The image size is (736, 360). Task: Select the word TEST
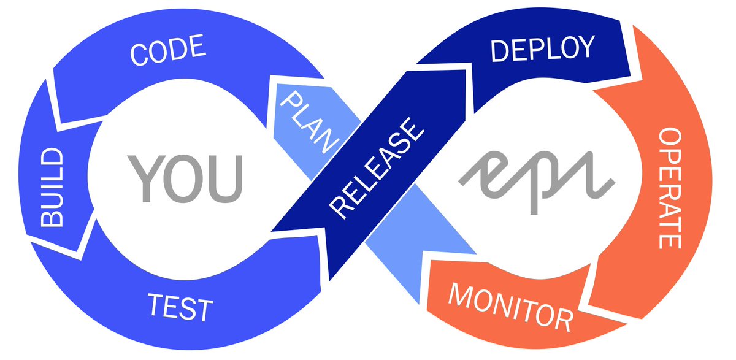tap(180, 307)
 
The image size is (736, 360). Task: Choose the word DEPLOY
tap(542, 49)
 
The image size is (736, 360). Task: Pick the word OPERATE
tap(670, 188)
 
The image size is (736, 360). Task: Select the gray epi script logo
tap(537, 174)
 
